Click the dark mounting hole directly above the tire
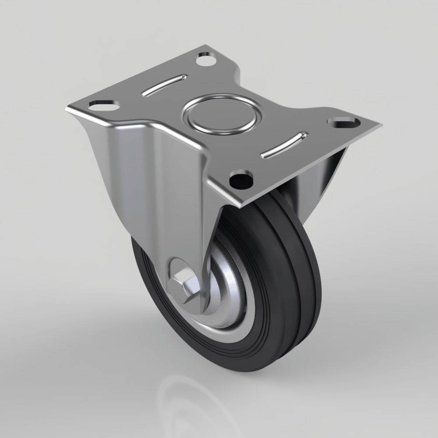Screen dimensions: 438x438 click(x=241, y=178)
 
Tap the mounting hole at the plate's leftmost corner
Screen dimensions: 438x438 click(x=104, y=105)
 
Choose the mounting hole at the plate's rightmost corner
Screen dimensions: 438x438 click(x=344, y=121)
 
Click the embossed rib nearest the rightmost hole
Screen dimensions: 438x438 click(x=284, y=145)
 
